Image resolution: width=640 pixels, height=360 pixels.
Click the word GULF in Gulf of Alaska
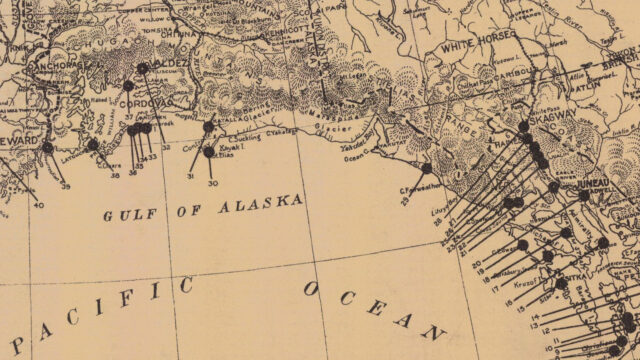coord(124,213)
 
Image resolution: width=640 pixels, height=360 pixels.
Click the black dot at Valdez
coord(142,68)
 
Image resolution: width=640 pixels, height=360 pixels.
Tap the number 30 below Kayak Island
coord(212,184)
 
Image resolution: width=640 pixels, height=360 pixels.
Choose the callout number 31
coord(191,176)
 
